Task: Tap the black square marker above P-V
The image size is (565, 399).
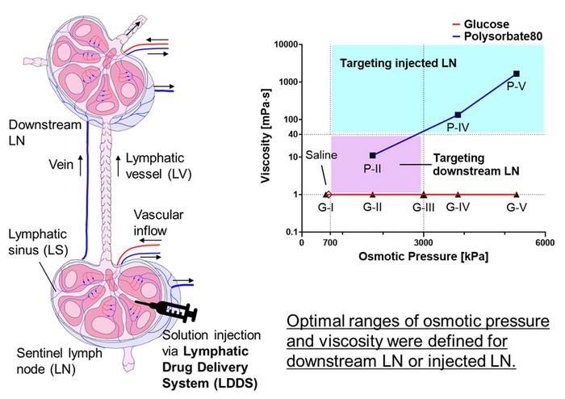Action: point(517,73)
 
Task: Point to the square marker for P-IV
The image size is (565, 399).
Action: point(458,115)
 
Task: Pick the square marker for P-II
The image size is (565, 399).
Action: point(372,155)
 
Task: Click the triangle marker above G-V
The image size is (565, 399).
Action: point(517,194)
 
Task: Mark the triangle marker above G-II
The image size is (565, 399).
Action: point(372,194)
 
